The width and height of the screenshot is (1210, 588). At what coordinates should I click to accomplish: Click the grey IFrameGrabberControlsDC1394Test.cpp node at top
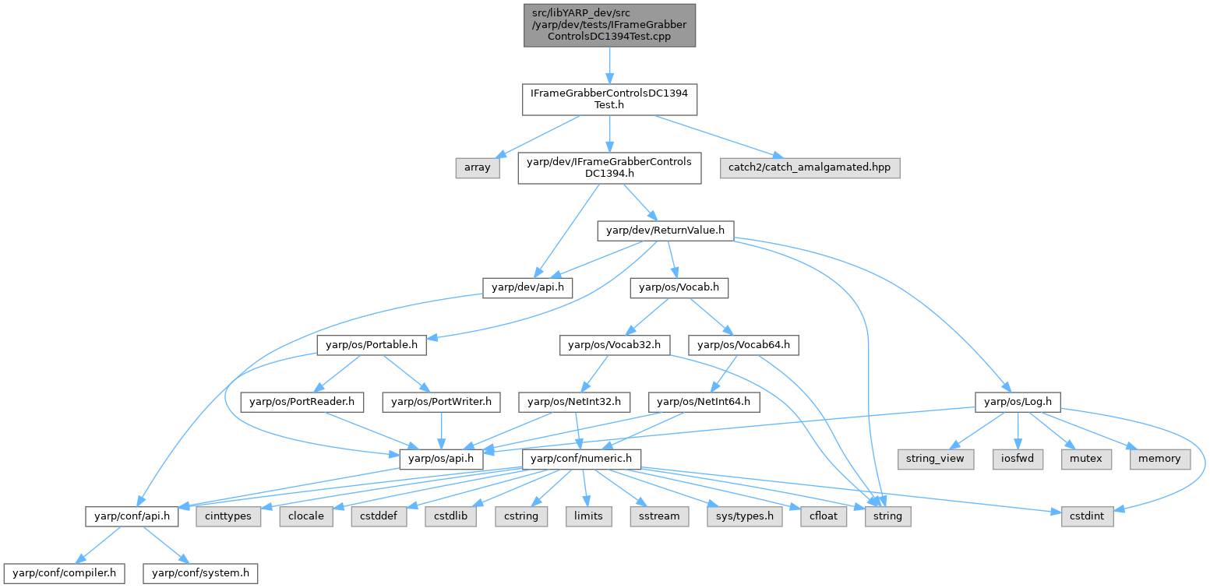[x=609, y=25]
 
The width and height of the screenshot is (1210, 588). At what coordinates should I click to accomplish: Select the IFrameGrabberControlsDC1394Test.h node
[x=609, y=100]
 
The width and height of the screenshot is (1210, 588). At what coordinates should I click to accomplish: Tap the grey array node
[x=477, y=167]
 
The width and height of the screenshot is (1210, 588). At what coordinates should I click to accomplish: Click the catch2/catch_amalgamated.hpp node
[x=810, y=167]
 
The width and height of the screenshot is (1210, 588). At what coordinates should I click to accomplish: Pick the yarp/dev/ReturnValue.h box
[x=665, y=230]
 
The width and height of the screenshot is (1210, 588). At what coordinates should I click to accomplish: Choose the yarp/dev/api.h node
[x=527, y=287]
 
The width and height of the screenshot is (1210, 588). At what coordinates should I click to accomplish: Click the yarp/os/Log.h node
[x=1018, y=402]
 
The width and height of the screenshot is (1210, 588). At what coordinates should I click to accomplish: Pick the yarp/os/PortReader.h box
[x=302, y=402]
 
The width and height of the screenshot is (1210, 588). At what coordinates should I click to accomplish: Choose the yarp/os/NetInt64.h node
[x=704, y=402]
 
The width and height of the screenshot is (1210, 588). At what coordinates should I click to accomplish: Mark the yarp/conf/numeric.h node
[x=584, y=459]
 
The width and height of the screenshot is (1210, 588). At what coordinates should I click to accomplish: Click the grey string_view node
[x=934, y=459]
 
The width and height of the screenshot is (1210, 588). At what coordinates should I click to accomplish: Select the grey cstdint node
[x=1087, y=516]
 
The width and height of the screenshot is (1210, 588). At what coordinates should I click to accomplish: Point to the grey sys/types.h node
[x=744, y=516]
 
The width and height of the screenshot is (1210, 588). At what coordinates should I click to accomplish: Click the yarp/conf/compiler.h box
[x=64, y=573]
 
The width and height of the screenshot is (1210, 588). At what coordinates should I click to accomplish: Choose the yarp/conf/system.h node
[x=200, y=573]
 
